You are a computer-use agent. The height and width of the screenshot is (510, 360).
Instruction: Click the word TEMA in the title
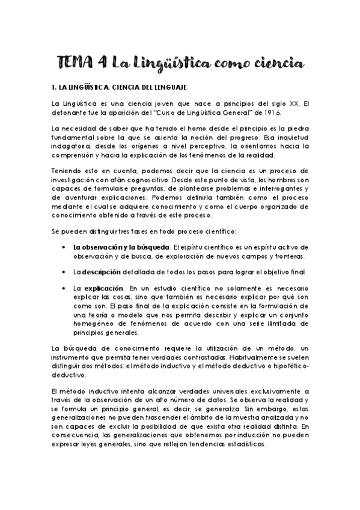(x=78, y=62)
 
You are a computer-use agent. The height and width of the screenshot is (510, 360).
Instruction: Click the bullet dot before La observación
(x=64, y=230)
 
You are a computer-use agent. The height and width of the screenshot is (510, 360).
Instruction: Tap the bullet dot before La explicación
(x=64, y=272)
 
